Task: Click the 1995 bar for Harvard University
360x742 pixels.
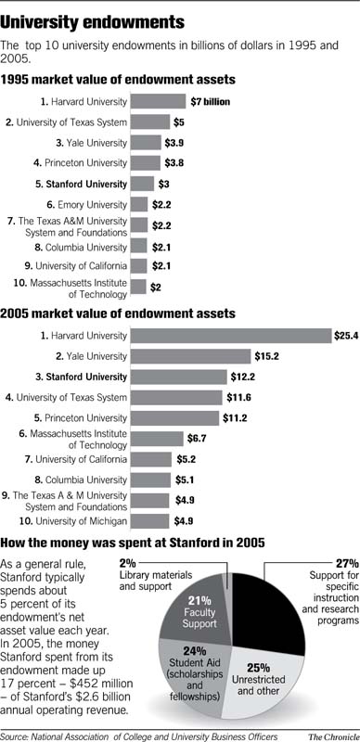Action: pos(158,101)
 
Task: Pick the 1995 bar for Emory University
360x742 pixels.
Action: pos(139,204)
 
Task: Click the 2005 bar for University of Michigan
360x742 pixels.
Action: pos(149,521)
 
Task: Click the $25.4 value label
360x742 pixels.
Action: pos(345,335)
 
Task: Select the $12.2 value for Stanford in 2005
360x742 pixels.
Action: pos(241,377)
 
